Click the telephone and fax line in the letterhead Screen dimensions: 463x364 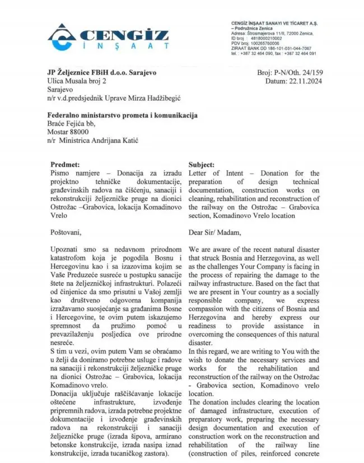pyautogui.click(x=273, y=54)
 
